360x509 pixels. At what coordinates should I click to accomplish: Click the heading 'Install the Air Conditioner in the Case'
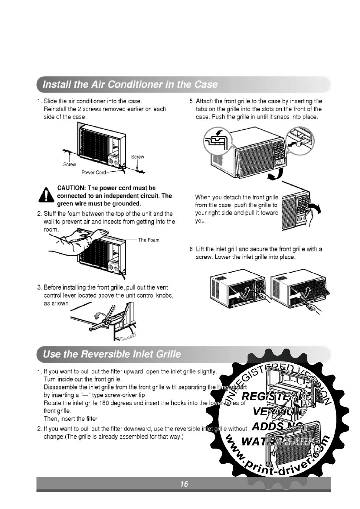(x=130, y=84)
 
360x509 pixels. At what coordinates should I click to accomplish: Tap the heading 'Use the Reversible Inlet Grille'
(x=112, y=354)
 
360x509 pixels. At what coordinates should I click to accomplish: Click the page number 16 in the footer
(x=184, y=484)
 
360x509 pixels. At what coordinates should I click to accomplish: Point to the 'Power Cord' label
(x=93, y=173)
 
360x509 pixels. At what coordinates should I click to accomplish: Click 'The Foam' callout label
(x=149, y=240)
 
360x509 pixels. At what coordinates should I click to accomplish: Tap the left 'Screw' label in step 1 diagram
(x=69, y=164)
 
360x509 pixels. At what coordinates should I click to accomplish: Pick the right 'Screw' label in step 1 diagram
(x=138, y=157)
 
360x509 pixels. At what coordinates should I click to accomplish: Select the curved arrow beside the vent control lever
(x=99, y=315)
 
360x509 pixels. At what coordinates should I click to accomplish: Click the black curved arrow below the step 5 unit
(x=277, y=175)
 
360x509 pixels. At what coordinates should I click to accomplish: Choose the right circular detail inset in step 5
(x=300, y=141)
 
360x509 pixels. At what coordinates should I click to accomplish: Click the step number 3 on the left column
(x=39, y=287)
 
